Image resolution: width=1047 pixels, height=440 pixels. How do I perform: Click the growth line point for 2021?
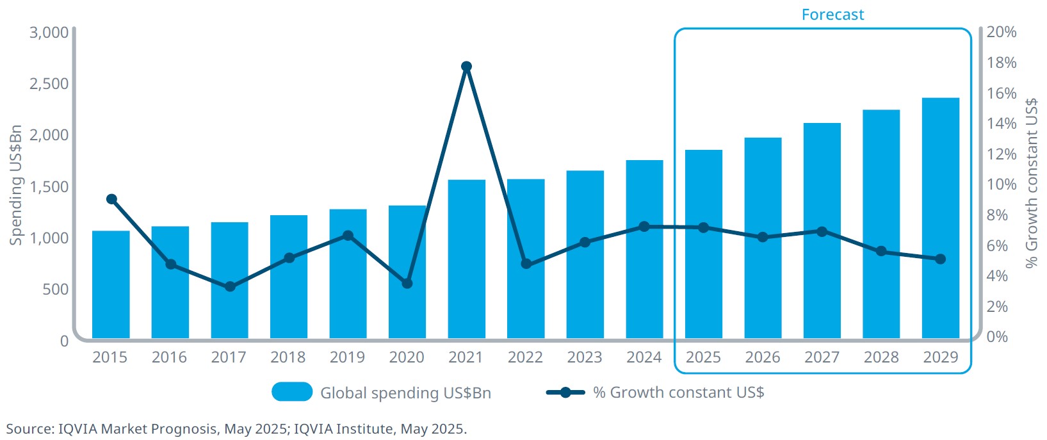[x=466, y=67]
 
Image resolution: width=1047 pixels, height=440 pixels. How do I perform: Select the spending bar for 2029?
[x=940, y=218]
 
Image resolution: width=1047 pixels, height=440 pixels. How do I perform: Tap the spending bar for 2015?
[x=111, y=284]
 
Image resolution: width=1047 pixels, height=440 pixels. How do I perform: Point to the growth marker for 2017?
[x=230, y=287]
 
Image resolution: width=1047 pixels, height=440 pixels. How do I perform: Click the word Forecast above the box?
[x=832, y=15]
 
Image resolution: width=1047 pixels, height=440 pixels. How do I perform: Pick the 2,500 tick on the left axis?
[x=49, y=84]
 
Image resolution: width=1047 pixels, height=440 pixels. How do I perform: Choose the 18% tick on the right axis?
[x=1001, y=63]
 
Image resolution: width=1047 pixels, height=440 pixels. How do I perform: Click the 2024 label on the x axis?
[x=644, y=357]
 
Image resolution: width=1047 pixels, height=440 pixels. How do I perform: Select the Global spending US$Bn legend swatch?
[x=292, y=392]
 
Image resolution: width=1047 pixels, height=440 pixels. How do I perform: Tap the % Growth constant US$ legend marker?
[x=565, y=393]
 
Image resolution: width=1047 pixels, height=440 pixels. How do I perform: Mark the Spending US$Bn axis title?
[x=15, y=185]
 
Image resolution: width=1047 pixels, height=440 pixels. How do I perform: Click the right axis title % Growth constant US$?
[x=1030, y=183]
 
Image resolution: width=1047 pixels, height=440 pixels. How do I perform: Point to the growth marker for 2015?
[x=111, y=199]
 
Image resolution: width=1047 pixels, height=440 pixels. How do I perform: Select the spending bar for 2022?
[x=526, y=259]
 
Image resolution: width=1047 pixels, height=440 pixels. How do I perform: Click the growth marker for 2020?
[x=407, y=283]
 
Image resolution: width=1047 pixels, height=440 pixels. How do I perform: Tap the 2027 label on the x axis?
[x=822, y=357]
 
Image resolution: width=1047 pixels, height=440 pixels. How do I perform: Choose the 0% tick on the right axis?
[x=996, y=337]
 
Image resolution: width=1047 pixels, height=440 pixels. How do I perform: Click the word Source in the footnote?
[x=29, y=429]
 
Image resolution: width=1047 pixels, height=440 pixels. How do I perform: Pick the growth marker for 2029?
[x=940, y=259]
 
